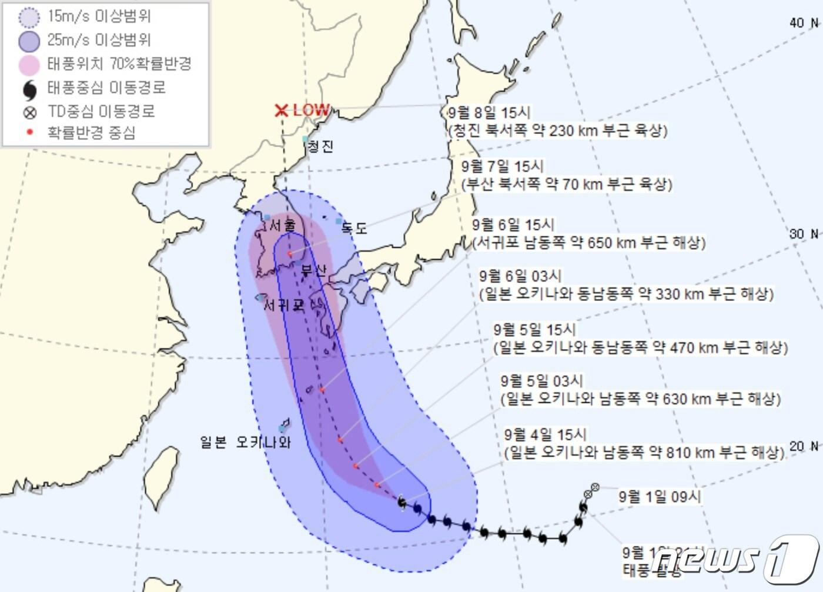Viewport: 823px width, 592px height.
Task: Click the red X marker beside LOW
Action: point(282,110)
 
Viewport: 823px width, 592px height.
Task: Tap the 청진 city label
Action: point(321,146)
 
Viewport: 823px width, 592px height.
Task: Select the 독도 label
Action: point(354,228)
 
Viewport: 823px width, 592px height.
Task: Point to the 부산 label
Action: point(313,271)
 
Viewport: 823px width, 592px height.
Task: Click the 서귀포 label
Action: point(284,306)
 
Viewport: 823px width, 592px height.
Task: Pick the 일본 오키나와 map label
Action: point(245,442)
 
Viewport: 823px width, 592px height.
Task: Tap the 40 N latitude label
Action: point(804,23)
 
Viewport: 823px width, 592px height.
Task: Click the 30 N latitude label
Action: point(804,234)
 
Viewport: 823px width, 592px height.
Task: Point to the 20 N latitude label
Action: point(804,446)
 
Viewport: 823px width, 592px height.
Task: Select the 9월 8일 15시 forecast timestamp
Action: point(489,113)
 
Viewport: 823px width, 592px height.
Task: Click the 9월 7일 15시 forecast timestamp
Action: point(502,166)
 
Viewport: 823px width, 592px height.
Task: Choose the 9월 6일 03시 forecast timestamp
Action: point(520,276)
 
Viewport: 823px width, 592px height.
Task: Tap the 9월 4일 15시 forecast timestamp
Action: point(545,434)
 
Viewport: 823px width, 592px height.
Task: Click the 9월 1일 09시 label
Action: point(660,497)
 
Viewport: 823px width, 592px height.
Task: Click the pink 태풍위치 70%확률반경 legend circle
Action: point(29,65)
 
